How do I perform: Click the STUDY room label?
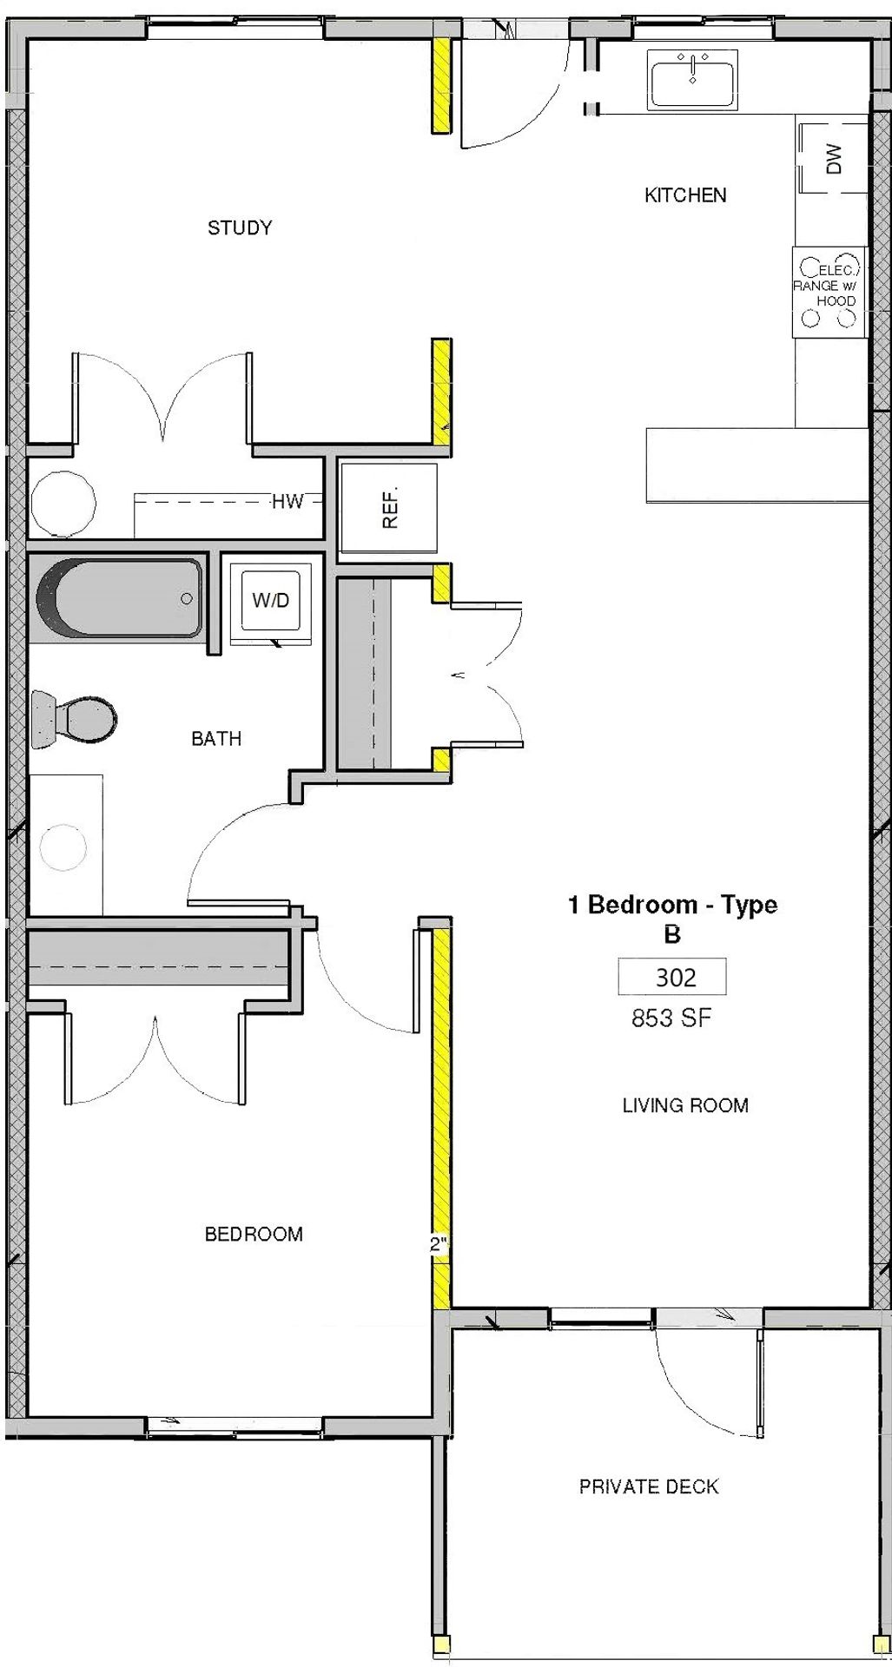[240, 227]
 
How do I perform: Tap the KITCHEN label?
[685, 195]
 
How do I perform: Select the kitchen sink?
[692, 79]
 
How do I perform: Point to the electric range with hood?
[829, 293]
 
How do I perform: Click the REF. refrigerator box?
[388, 507]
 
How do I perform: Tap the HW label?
[287, 501]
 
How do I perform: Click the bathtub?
[116, 597]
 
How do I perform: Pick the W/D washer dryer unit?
[270, 601]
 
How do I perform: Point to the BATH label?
[216, 739]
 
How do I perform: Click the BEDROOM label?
[254, 1234]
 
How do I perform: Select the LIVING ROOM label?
[685, 1105]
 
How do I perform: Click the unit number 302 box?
[671, 977]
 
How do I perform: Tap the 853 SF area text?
[671, 1018]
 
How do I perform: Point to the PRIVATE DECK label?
[649, 1486]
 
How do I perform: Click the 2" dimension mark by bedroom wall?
[439, 1245]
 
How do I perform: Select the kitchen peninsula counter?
[757, 465]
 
